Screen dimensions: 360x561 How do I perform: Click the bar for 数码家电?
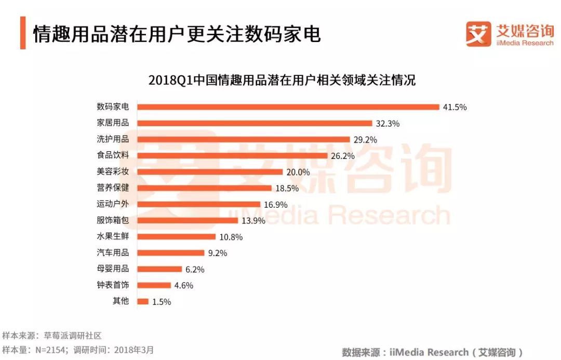coord(288,107)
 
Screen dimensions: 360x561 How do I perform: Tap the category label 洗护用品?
coord(113,139)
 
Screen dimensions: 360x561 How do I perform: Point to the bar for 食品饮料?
coord(232,155)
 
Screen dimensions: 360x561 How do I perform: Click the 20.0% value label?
coord(298,172)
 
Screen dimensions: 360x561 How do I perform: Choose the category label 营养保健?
coord(113,188)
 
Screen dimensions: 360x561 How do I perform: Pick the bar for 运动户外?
coord(198,204)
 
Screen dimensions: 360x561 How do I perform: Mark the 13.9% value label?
coord(253,221)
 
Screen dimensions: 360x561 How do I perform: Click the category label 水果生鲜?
coord(113,236)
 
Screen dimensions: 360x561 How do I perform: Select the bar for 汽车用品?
coord(170,253)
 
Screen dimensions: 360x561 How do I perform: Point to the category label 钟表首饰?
coord(113,285)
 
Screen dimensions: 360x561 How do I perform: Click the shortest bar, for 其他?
coord(143,301)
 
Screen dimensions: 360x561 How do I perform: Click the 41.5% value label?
coord(455,107)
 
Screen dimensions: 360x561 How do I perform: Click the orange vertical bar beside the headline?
coord(23,33)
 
